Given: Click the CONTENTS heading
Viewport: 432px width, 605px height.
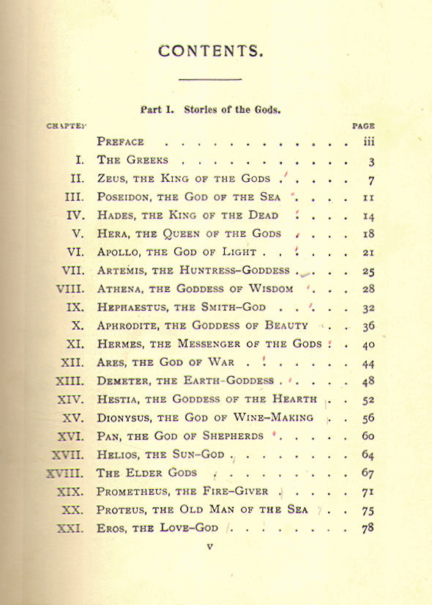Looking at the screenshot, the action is coord(210,51).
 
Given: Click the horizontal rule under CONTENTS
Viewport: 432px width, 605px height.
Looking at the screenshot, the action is coord(210,79).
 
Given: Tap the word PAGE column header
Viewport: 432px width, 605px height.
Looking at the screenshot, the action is coord(364,126).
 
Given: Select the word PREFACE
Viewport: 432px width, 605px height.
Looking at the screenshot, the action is coord(121,142).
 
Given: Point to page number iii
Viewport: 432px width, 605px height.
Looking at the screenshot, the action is coord(369,142).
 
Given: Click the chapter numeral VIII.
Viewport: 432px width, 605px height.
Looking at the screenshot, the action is coord(70,289).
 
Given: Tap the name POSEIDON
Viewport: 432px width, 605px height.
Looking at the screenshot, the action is coord(125,197).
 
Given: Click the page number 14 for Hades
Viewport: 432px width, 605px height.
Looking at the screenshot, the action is coord(368,216).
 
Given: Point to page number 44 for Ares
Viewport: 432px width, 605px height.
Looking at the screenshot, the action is coord(368,363).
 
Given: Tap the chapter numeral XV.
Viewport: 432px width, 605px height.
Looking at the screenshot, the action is coord(74,418).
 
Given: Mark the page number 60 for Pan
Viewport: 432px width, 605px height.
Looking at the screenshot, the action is coord(368,436).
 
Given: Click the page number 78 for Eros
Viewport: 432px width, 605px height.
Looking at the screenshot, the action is coord(368,528).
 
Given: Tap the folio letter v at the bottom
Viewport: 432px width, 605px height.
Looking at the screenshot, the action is coord(209,546).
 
